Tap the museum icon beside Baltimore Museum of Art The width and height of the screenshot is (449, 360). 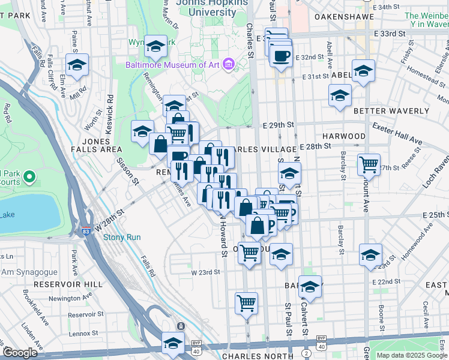tap(228, 64)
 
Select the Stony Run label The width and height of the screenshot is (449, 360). tap(122, 237)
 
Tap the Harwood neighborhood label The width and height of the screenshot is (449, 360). tap(343, 136)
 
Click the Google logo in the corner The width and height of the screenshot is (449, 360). tap(20, 353)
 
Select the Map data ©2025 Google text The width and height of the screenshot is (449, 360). tap(411, 355)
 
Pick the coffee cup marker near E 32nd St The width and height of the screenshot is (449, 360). tap(281, 56)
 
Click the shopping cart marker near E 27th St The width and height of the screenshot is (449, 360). tap(369, 163)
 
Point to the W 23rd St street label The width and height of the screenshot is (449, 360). tap(206, 272)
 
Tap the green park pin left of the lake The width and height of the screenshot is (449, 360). tap(31, 177)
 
